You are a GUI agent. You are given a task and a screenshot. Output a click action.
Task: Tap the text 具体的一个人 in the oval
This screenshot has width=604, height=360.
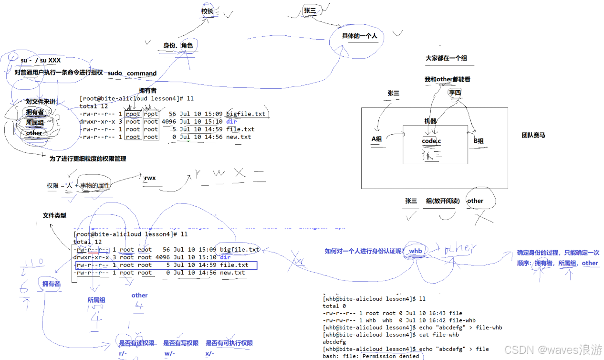pos(359,36)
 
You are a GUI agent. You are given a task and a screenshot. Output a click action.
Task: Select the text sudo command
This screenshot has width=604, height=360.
pos(132,73)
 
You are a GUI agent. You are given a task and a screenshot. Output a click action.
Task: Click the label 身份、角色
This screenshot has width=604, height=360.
pos(178,45)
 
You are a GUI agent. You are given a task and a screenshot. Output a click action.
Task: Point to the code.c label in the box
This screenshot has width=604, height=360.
pos(431,141)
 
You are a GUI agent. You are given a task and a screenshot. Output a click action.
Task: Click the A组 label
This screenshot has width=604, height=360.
pos(377,139)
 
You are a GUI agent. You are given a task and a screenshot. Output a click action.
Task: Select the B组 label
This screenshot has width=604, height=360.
pos(479,141)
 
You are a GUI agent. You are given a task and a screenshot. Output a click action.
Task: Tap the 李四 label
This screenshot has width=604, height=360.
pos(455,93)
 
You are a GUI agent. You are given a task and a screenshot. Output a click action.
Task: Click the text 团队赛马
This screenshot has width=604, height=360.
pos(533,135)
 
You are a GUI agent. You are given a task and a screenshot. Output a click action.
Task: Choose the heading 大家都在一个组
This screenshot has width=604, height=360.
pos(446,58)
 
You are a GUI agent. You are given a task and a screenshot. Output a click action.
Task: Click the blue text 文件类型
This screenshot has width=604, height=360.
pos(54,215)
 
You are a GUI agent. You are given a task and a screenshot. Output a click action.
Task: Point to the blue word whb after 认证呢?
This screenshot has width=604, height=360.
pos(415,251)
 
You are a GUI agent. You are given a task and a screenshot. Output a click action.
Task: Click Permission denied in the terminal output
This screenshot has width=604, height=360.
pos(391,356)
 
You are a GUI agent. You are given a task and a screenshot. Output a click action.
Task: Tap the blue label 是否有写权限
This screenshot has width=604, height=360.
pos(181,343)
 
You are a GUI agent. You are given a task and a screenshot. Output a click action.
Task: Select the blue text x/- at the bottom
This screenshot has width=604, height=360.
pos(210,354)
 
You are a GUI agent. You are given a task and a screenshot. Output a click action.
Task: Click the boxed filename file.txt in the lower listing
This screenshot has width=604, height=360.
pos(234,265)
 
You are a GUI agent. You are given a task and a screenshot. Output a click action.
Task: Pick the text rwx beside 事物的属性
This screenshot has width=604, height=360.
pos(150,178)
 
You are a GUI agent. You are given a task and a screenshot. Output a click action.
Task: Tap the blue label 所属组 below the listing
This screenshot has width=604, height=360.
pos(96,300)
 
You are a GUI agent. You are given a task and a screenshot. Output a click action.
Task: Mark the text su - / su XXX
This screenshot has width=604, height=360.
pos(41,60)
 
